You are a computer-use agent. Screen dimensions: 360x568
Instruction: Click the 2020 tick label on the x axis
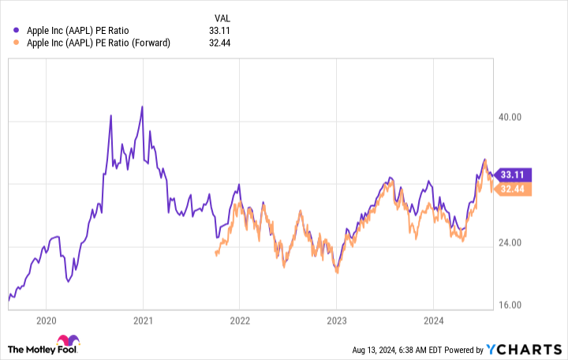pos(46,322)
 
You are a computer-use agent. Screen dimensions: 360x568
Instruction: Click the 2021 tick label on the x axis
pos(143,322)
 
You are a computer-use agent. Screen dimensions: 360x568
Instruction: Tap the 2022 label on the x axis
pos(240,322)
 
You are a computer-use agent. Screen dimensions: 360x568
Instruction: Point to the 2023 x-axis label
pos(337,322)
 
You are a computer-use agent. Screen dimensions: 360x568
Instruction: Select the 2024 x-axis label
pos(434,322)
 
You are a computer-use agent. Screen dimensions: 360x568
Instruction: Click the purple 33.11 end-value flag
pos(512,174)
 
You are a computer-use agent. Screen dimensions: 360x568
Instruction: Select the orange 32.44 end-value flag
pos(512,189)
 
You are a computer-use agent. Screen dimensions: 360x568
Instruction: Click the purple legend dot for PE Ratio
pos(17,30)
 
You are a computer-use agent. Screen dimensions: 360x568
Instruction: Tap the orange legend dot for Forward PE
pos(17,43)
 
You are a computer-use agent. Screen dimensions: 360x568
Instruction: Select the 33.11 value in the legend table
pos(224,30)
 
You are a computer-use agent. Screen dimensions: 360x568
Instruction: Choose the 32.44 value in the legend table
pos(224,43)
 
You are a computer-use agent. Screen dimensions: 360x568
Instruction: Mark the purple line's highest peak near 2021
pos(142,106)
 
